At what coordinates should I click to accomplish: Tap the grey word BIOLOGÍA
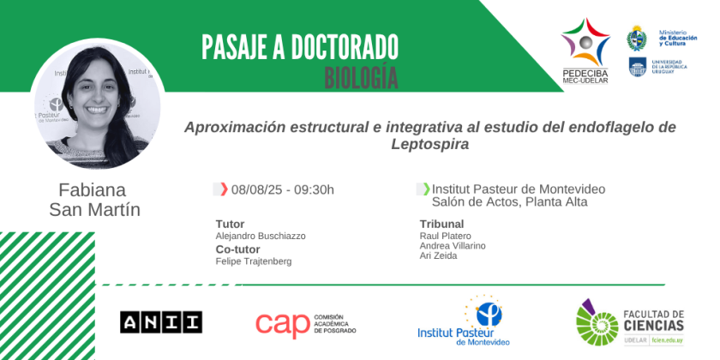click(x=361, y=78)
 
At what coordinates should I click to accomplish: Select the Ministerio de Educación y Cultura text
click(x=678, y=38)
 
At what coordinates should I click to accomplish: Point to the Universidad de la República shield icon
click(x=638, y=67)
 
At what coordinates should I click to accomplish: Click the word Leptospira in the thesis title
click(x=430, y=145)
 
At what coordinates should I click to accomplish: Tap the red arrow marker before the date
click(x=224, y=189)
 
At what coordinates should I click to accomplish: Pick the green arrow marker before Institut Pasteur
click(x=427, y=189)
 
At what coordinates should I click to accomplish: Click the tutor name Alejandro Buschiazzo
click(x=261, y=236)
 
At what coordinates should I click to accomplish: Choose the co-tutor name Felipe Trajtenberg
click(x=254, y=261)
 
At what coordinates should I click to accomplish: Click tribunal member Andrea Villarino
click(x=453, y=246)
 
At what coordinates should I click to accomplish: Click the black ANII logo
click(x=161, y=322)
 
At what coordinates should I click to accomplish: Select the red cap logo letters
click(x=283, y=325)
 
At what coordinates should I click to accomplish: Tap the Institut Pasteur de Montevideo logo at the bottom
click(x=464, y=321)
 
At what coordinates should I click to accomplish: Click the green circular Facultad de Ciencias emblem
click(x=597, y=325)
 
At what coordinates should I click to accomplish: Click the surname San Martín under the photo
click(x=94, y=210)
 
